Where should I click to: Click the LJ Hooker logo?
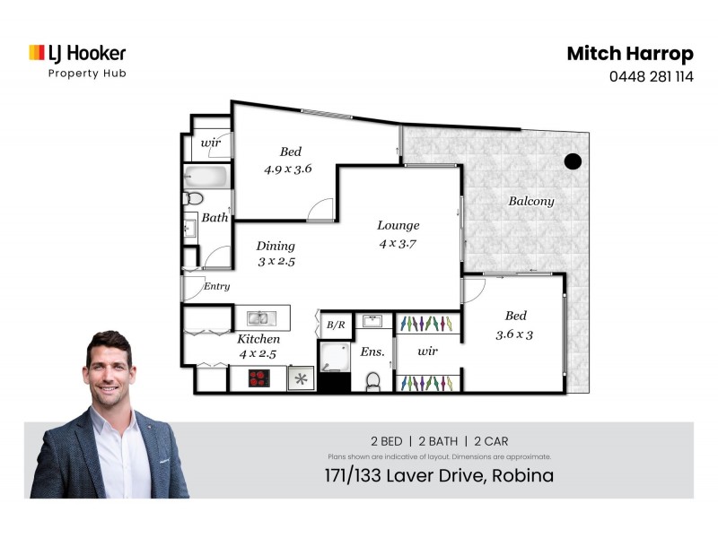coord(77,54)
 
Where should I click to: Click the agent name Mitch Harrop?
coord(629,54)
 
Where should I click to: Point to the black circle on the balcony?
coord(573,162)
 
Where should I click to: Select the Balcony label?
coord(531,202)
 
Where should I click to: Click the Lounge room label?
coord(398,226)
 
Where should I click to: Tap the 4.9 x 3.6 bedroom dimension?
coord(287,169)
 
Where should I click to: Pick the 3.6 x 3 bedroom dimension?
coord(515,335)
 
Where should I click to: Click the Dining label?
coord(276,247)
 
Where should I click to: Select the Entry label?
coord(217,287)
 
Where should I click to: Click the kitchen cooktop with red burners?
coord(260,378)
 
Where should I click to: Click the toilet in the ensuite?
coord(373,380)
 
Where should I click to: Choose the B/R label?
coord(336,325)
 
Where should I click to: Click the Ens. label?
coord(372,352)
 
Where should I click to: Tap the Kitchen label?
coord(258,340)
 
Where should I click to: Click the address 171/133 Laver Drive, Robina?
coord(439,475)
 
